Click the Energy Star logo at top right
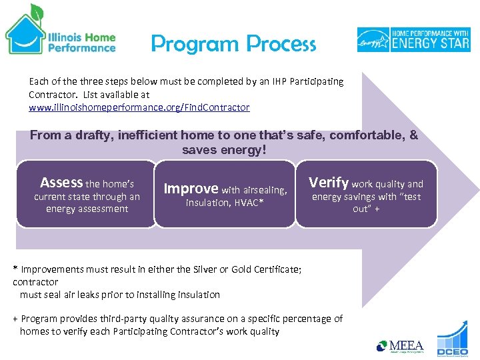[413, 39]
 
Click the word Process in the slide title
[280, 44]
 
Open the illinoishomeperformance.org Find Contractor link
[139, 107]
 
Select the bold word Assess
[61, 183]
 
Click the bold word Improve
[191, 189]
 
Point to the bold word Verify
[329, 183]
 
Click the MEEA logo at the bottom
[401, 346]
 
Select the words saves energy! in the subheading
[224, 150]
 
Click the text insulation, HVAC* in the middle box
[225, 203]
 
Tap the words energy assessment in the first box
[87, 209]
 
